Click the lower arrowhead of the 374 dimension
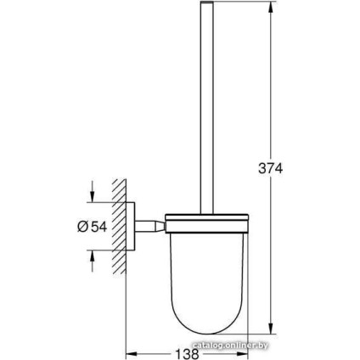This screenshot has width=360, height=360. tap(273, 330)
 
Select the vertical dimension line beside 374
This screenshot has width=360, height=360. tap(273, 102)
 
